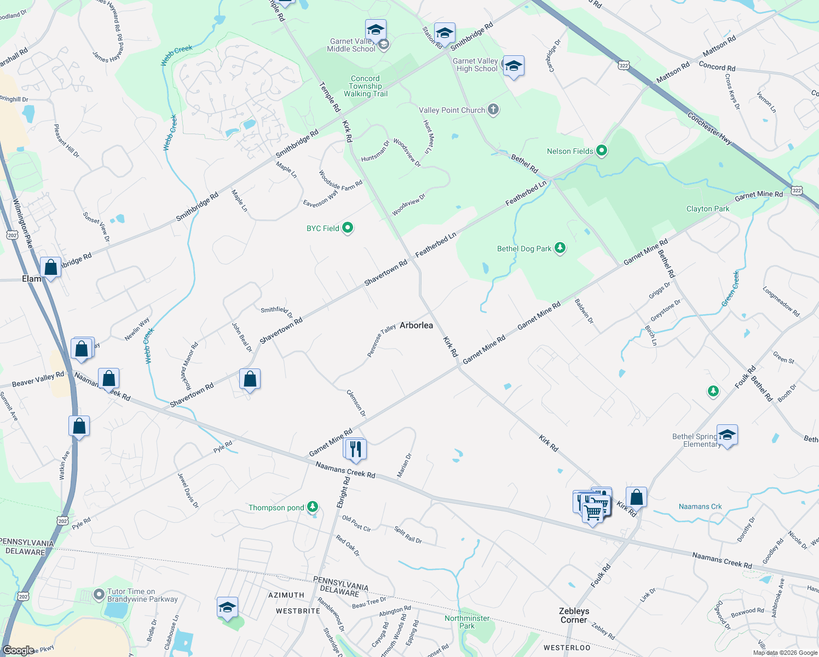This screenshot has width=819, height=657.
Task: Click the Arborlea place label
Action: (416, 325)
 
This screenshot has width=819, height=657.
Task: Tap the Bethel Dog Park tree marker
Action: (560, 248)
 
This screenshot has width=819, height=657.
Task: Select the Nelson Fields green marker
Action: (602, 151)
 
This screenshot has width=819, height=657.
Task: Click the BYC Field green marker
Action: (348, 228)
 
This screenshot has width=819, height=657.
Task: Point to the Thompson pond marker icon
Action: (313, 507)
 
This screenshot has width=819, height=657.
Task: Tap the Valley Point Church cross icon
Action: (493, 109)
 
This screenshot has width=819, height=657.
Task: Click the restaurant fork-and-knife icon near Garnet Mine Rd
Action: (355, 449)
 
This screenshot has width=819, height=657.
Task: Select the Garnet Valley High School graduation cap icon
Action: (513, 66)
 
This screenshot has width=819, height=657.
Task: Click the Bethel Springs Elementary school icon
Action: (726, 435)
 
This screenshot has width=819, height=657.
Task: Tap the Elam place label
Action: (31, 279)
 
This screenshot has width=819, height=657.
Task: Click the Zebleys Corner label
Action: (574, 615)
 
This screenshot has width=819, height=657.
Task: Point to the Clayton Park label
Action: (708, 209)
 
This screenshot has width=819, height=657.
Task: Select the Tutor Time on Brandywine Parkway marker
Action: (99, 593)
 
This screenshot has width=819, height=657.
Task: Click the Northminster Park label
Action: (467, 622)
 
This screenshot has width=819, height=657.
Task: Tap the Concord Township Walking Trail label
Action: (366, 86)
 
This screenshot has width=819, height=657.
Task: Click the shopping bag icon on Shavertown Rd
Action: (250, 379)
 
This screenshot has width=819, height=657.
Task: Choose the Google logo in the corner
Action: (18, 650)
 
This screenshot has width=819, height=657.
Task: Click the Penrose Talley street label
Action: (382, 341)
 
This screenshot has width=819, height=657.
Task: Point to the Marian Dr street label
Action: (404, 465)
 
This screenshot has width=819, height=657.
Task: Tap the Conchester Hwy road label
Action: (710, 129)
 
